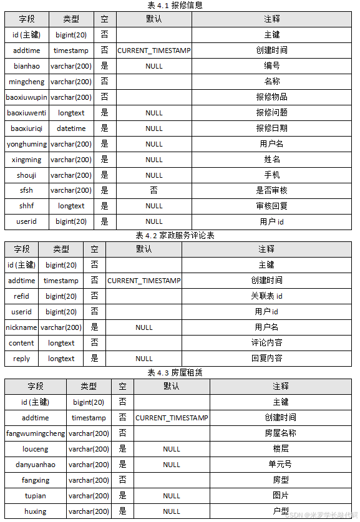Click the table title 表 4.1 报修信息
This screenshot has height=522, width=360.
179,5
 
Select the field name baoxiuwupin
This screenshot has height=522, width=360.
26,97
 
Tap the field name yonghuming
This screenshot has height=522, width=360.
26,144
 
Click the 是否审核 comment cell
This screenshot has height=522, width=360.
271,190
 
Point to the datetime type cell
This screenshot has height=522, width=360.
71,128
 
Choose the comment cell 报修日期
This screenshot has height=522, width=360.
271,128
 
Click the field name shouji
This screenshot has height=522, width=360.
26,175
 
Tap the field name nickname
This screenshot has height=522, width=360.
21,327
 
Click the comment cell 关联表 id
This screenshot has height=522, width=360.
266,296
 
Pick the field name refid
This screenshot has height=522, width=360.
21,296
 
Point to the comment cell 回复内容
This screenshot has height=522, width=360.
266,359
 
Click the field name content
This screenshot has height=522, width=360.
21,343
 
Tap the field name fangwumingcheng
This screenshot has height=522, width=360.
35,433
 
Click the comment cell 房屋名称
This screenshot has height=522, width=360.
281,433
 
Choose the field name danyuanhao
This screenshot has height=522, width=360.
35,465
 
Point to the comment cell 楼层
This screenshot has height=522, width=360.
281,449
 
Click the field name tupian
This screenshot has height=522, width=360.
35,496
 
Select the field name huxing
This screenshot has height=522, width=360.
35,511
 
